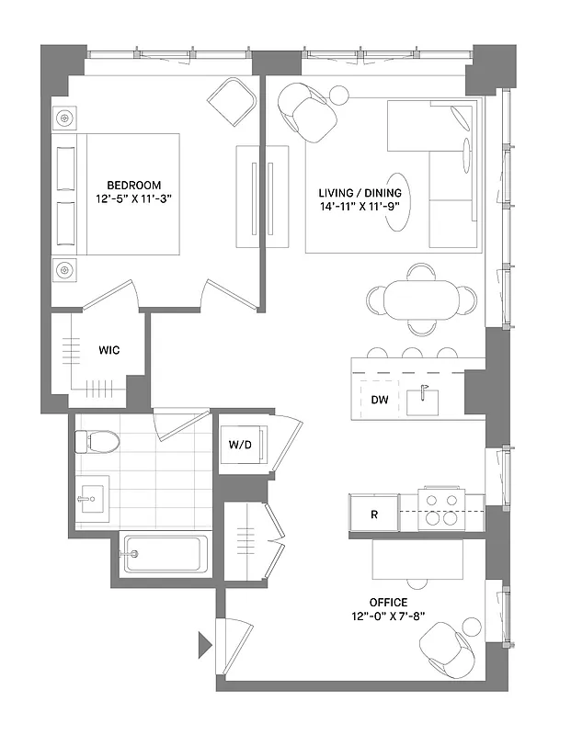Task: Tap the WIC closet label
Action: coord(108,350)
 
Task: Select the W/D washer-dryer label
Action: coord(241,446)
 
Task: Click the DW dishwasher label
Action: coord(379,400)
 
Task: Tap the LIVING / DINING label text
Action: coord(360,193)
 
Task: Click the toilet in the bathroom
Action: coord(98,442)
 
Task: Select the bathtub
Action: coord(166,554)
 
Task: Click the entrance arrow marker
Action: coord(204,644)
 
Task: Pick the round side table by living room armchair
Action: coord(339,94)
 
